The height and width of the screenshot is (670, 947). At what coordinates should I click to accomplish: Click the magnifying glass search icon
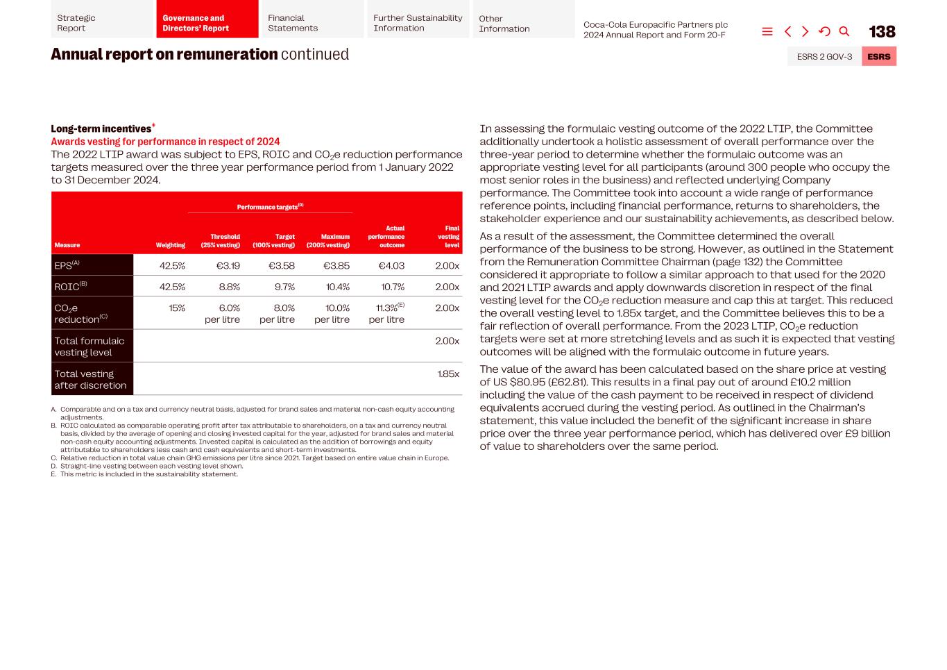(x=844, y=31)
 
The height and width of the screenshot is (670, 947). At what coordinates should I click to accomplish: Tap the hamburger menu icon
(x=767, y=31)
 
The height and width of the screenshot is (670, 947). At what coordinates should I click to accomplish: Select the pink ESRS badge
(x=878, y=56)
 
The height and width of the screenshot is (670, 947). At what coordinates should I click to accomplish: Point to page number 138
(x=882, y=32)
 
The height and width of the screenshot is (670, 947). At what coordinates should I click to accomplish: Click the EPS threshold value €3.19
(x=228, y=265)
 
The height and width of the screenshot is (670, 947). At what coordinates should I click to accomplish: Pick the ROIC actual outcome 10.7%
(x=392, y=287)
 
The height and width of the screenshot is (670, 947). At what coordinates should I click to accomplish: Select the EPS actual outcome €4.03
(x=391, y=265)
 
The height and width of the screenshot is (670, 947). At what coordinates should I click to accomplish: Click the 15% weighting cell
(x=177, y=308)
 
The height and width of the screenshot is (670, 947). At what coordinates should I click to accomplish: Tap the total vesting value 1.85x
(x=448, y=374)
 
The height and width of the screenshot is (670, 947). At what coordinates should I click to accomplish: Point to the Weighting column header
(x=170, y=245)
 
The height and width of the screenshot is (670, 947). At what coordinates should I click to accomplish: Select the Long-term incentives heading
(x=101, y=128)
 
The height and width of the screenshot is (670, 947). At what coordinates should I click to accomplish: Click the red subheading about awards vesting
(x=165, y=142)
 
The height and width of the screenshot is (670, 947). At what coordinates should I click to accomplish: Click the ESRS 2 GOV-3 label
(x=824, y=56)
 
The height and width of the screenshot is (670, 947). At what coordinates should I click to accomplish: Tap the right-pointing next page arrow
(x=805, y=31)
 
